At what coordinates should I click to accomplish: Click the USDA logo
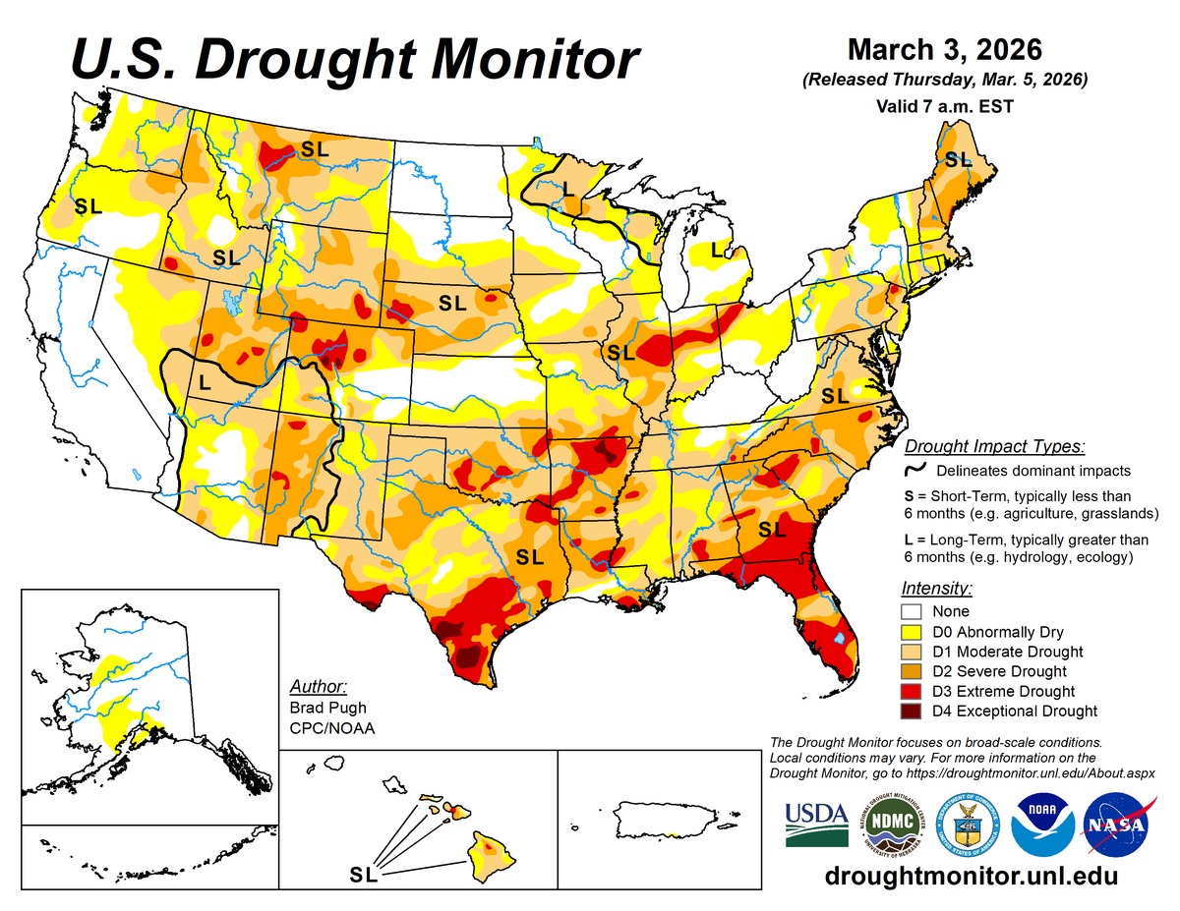[x=816, y=825]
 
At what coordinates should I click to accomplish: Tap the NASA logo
[x=1117, y=825]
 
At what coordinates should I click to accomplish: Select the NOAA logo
[x=1042, y=825]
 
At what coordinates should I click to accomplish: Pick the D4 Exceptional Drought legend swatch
[x=914, y=712]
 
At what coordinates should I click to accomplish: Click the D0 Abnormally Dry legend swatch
[x=914, y=632]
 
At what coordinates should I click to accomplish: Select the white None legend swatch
[x=914, y=611]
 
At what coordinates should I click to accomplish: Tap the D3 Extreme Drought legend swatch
[x=914, y=692]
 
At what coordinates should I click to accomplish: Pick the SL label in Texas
[x=530, y=557]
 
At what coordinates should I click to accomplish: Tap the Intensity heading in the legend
[x=936, y=589]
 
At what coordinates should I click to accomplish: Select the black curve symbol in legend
[x=914, y=470]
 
